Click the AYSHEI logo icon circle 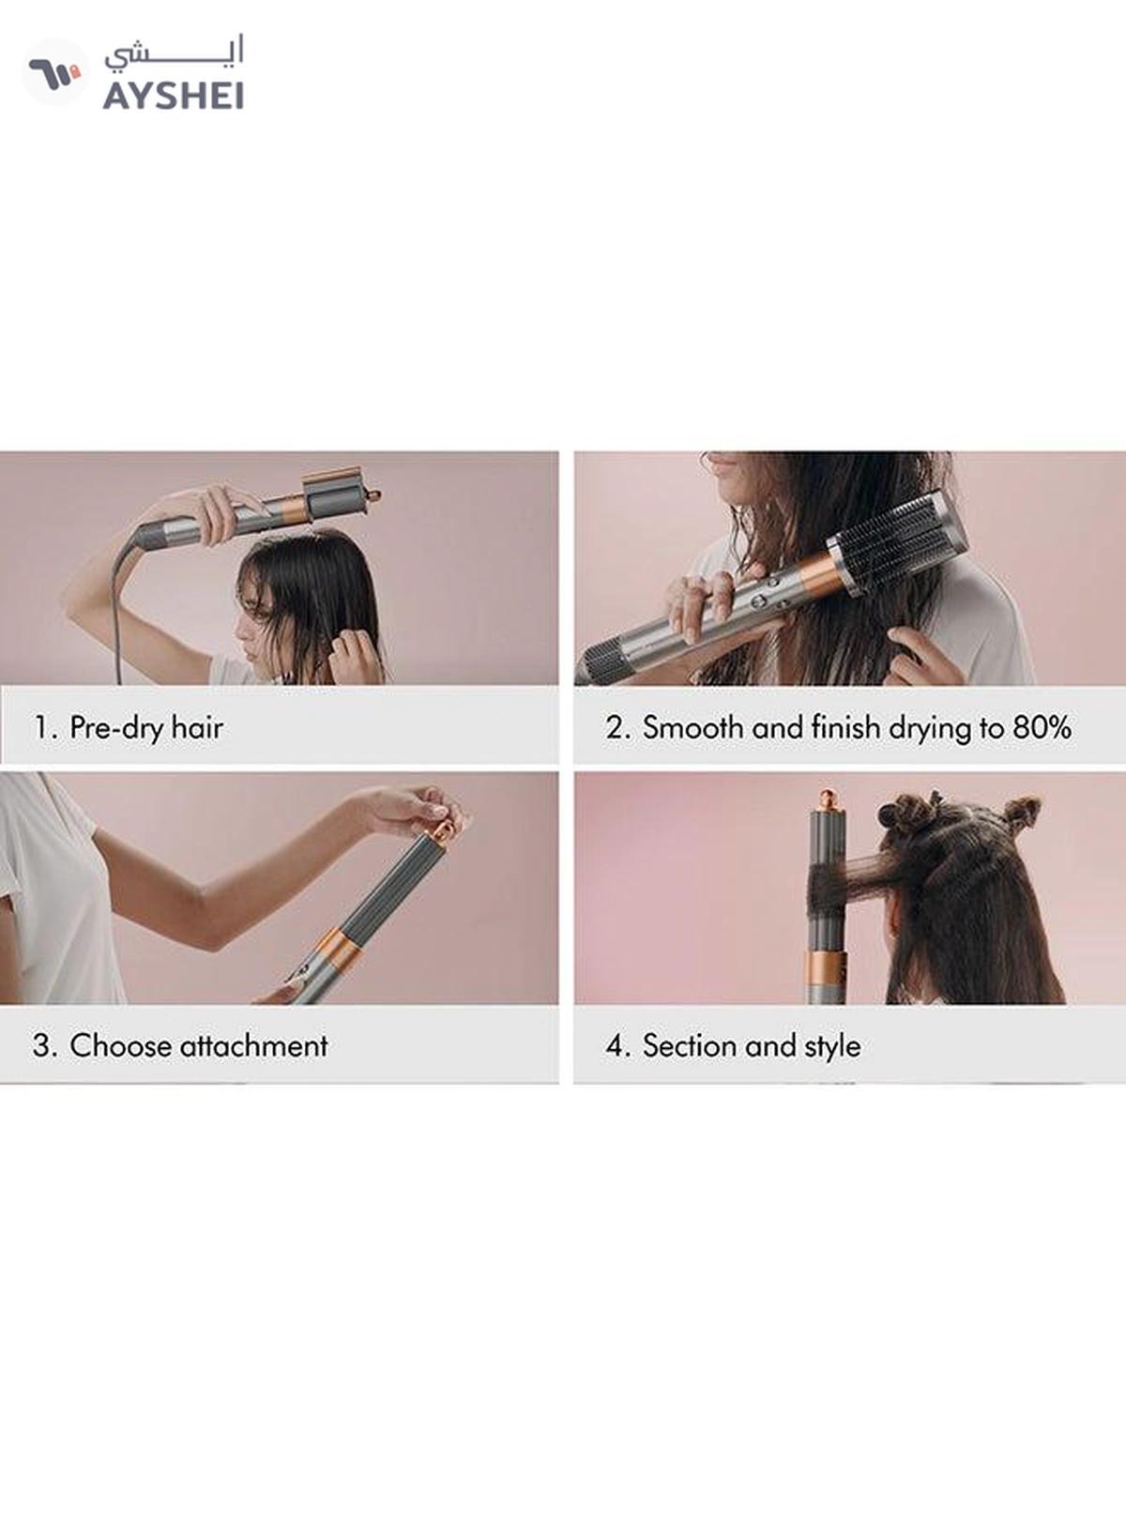coord(54,72)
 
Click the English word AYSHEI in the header coord(174,96)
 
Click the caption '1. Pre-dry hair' coord(129,727)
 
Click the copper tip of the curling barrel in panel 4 coord(829,800)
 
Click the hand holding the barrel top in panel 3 coord(408,807)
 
